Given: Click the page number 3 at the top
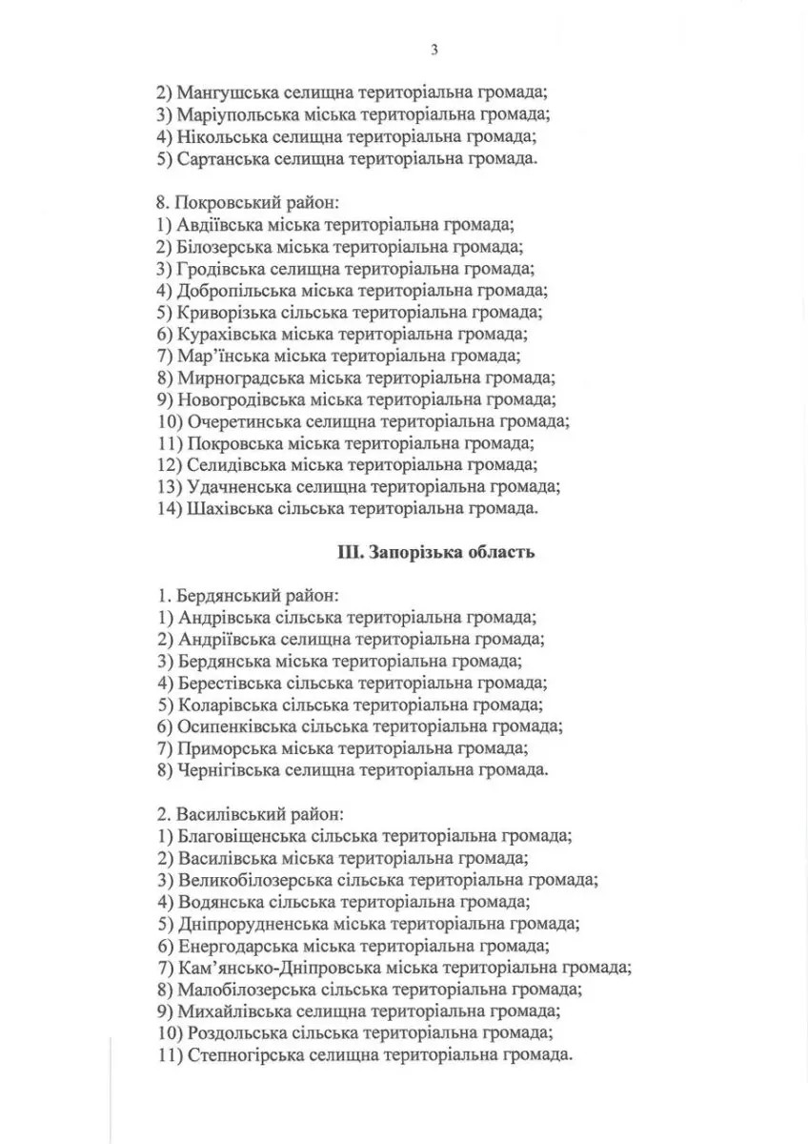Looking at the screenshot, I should tap(433, 49).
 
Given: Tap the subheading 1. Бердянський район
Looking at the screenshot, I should tap(247, 596).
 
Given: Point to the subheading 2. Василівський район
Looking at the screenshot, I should tap(251, 815).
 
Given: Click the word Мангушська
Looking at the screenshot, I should tap(224, 93).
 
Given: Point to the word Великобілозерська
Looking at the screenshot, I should tap(254, 880).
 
